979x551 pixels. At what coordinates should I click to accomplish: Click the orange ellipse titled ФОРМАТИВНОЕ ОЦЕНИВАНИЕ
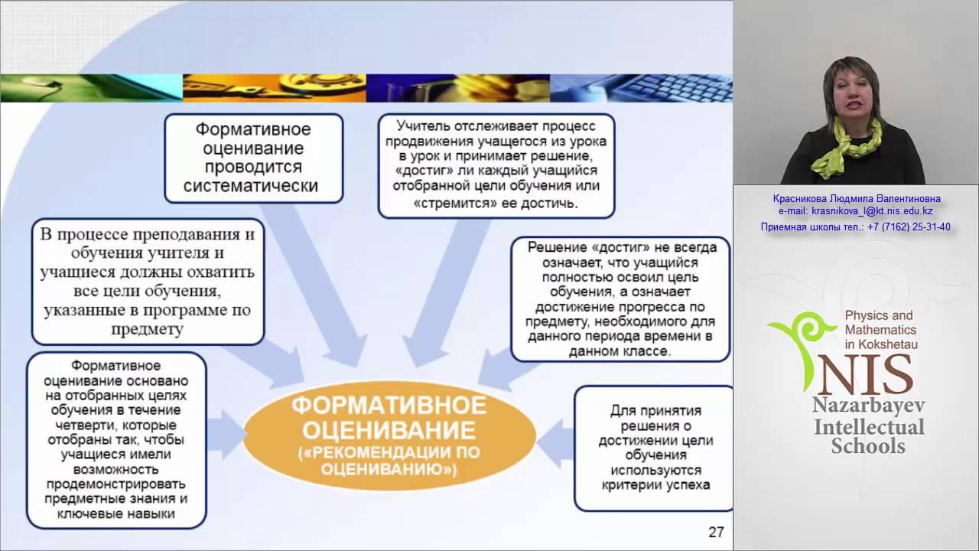(389, 435)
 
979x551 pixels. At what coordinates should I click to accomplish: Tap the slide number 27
(716, 532)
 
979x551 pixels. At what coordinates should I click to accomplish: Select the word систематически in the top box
(251, 186)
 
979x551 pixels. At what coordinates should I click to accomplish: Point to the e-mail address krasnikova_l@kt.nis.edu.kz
(872, 210)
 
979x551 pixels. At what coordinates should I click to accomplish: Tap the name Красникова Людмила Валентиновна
(857, 198)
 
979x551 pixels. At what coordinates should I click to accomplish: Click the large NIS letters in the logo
(867, 375)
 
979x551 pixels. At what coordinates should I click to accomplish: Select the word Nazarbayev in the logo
(868, 406)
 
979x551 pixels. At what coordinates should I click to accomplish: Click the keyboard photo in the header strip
(641, 88)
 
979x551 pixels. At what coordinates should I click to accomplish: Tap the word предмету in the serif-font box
(148, 329)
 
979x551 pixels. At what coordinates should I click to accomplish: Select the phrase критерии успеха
(655, 485)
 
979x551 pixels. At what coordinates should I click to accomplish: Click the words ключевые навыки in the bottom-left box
(115, 514)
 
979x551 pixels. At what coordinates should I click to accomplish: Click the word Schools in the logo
(868, 446)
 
